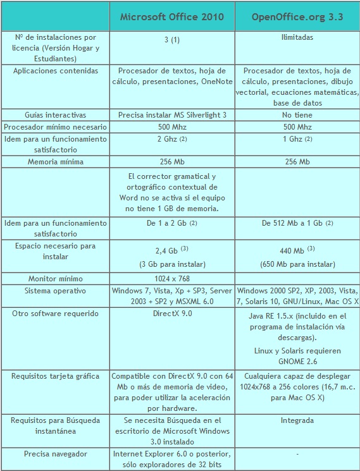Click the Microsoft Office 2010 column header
(171, 16)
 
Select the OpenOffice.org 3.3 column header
(297, 16)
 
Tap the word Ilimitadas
(297, 38)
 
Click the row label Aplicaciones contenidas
(56, 71)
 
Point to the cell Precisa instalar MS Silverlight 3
(171, 115)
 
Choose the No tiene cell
(297, 115)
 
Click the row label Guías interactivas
(56, 115)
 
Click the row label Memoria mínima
(56, 162)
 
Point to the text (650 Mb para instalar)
(297, 264)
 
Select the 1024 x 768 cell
(171, 278)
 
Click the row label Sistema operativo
(56, 290)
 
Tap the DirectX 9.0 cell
(171, 314)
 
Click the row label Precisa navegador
(56, 454)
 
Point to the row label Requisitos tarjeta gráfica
(56, 376)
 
